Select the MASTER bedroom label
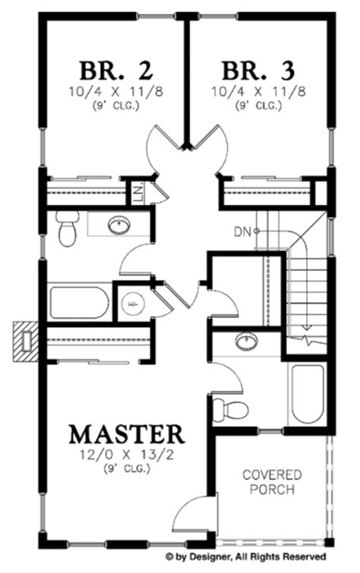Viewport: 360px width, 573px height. pyautogui.click(x=127, y=434)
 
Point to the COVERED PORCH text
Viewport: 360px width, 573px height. pyautogui.click(x=272, y=482)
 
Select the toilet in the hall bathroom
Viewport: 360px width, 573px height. pyautogui.click(x=67, y=228)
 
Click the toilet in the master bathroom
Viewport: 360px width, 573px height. pyautogui.click(x=231, y=408)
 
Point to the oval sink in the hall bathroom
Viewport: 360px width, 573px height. pyautogui.click(x=118, y=225)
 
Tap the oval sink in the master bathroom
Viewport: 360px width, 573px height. pyautogui.click(x=245, y=342)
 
